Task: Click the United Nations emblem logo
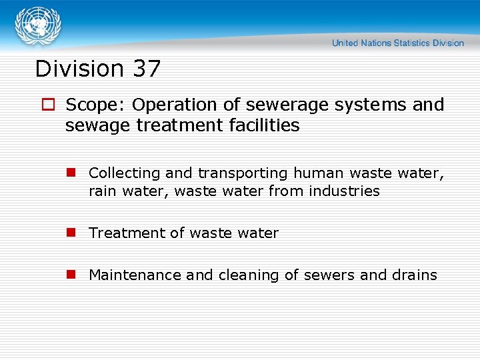click(x=37, y=26)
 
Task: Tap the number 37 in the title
click(x=147, y=69)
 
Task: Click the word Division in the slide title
click(x=79, y=69)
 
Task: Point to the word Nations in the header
click(x=376, y=43)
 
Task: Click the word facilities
click(x=264, y=125)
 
